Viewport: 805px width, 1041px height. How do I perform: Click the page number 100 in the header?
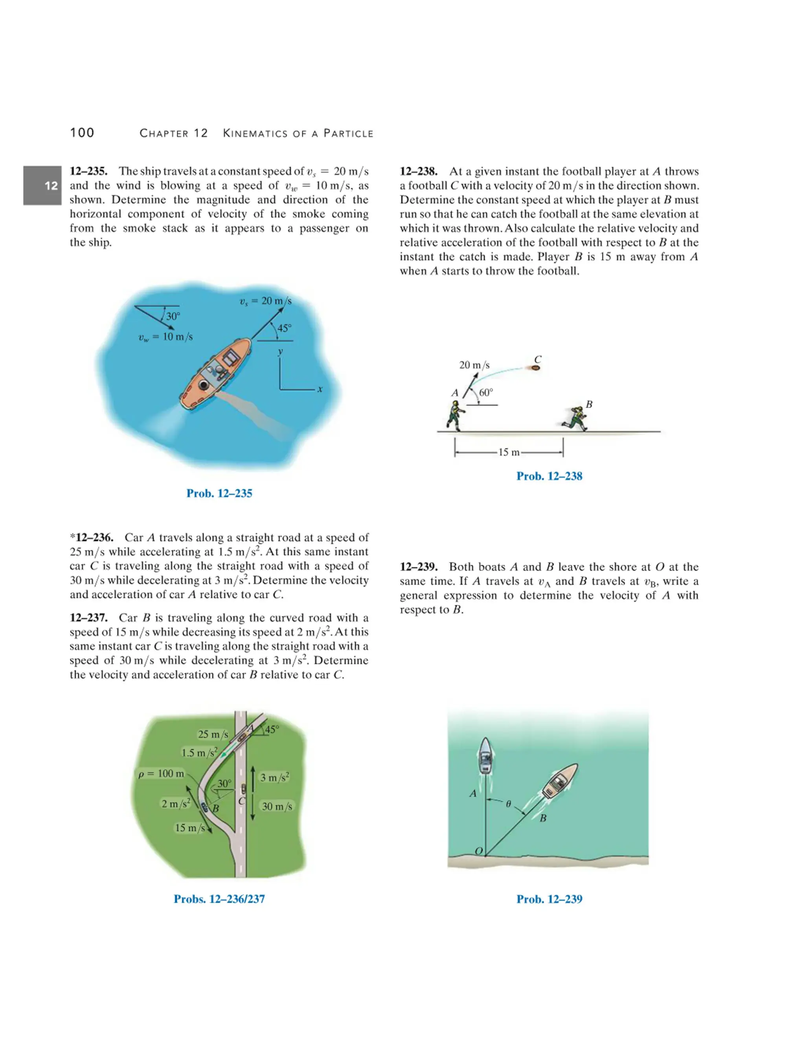(82, 133)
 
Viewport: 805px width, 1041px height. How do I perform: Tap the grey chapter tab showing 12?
(42, 185)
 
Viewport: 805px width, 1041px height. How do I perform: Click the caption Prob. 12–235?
(219, 493)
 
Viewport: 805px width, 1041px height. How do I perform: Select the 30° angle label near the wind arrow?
(173, 316)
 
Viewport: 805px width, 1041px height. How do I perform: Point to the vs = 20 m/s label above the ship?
(265, 301)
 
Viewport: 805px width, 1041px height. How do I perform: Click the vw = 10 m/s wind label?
(165, 337)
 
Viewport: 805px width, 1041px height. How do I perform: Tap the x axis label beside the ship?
(320, 389)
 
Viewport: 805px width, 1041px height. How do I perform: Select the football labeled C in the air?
(536, 368)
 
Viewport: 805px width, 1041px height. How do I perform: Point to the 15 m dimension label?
(509, 452)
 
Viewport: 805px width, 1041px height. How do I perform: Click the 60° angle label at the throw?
(486, 393)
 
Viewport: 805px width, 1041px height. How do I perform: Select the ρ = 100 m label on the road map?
(161, 773)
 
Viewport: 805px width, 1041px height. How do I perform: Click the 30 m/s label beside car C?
(277, 806)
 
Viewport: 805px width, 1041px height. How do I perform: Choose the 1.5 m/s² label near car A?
(199, 753)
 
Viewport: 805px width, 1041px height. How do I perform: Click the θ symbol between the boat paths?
(508, 804)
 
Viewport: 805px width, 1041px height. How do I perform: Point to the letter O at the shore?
(478, 851)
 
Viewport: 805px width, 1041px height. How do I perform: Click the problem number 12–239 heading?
(418, 567)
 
